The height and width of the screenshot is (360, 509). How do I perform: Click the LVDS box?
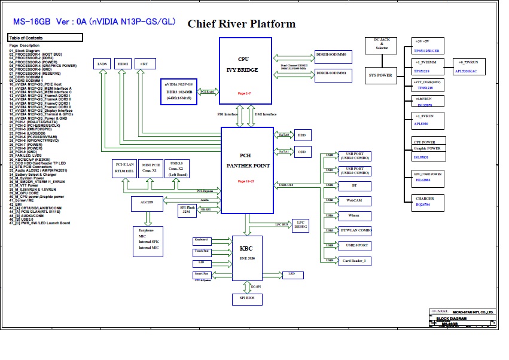click(102, 63)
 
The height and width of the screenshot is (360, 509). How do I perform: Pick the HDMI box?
click(123, 63)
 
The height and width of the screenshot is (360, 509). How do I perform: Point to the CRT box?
click(144, 63)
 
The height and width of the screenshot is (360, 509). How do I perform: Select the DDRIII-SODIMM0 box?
click(335, 53)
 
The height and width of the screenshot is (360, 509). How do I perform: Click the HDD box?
click(302, 135)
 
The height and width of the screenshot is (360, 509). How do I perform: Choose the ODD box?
click(302, 152)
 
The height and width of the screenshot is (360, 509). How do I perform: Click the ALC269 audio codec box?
click(147, 203)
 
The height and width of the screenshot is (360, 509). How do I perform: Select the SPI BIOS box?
click(246, 298)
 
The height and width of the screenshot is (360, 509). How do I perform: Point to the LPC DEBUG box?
click(300, 225)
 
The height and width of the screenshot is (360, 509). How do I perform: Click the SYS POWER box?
click(380, 75)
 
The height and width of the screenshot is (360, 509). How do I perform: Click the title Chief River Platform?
click(242, 24)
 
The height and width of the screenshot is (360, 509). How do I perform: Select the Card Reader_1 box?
click(355, 261)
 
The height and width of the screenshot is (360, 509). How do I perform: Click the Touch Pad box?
click(201, 252)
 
